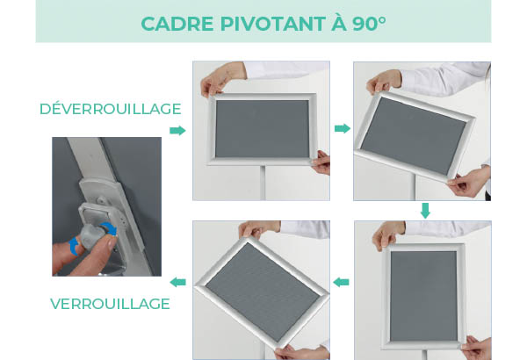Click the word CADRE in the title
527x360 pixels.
coord(174,24)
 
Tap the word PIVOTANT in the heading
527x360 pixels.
coord(266,24)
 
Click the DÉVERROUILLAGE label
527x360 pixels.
coord(110,109)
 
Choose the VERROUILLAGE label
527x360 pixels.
coord(110,304)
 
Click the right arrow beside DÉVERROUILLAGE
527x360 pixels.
coord(177,130)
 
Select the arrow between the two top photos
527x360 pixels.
coord(342,129)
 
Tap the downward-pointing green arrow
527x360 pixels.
coord(425,211)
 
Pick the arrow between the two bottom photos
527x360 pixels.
coord(342,282)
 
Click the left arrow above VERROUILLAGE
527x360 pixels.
coord(177,282)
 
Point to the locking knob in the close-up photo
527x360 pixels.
coord(97,227)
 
